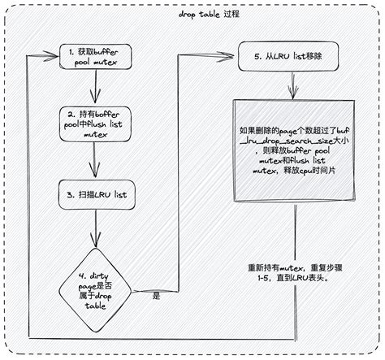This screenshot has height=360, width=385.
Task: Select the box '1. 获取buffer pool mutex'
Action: (97, 58)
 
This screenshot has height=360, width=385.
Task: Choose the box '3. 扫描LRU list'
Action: (97, 195)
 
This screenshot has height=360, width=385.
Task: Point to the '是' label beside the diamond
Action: (156, 297)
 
